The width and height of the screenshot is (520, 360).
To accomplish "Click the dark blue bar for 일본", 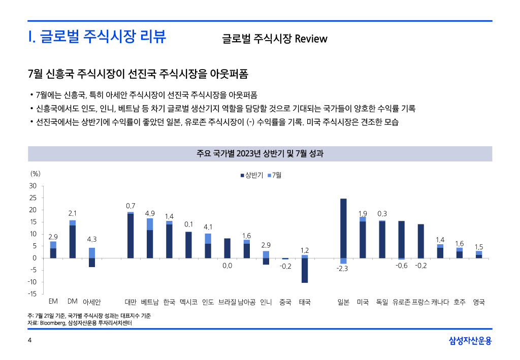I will point(343,228).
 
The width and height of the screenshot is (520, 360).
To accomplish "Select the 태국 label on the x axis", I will point(305,302).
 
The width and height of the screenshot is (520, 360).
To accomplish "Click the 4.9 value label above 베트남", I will point(150,213).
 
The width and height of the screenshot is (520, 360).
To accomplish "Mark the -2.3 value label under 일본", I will point(342,269).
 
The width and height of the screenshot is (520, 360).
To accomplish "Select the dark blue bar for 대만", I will point(131,236).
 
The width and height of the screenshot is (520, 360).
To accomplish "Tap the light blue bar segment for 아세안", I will point(92,253).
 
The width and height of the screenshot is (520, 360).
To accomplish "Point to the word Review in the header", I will point(311,39).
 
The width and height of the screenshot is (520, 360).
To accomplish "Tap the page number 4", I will point(29,340).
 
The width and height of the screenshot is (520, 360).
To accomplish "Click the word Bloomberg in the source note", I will point(53,323).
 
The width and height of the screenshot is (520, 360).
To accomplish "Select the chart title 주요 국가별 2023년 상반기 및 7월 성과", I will point(259,153).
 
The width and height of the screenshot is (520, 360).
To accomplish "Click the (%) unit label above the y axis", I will point(36,173).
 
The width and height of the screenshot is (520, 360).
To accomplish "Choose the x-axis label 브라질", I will point(227,302).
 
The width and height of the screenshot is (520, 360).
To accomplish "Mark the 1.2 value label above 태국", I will point(305,250).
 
